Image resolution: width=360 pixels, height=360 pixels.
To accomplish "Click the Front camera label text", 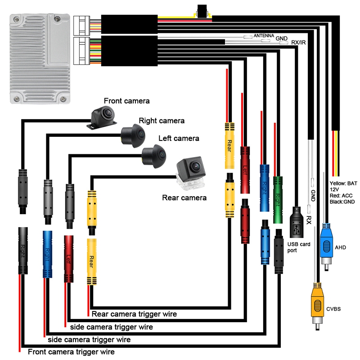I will (x=126, y=101).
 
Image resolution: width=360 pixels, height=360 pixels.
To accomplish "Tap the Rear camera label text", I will (x=184, y=198).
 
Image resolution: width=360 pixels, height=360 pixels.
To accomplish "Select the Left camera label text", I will (x=179, y=138).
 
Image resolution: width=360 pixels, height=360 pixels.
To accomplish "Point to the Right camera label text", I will (x=162, y=121).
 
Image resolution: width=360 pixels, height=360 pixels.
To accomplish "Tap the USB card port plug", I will (x=297, y=223).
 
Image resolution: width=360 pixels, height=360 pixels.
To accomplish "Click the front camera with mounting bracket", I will (x=104, y=117).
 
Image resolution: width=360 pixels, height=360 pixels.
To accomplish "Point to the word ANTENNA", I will (x=263, y=36).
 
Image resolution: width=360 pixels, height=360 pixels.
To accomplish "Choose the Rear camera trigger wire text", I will (x=134, y=314).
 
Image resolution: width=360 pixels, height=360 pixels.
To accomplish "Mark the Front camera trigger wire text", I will (x=71, y=351).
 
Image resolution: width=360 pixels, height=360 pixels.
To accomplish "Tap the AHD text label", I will (x=341, y=247).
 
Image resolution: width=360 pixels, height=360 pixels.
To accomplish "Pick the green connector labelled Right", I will (x=278, y=198).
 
